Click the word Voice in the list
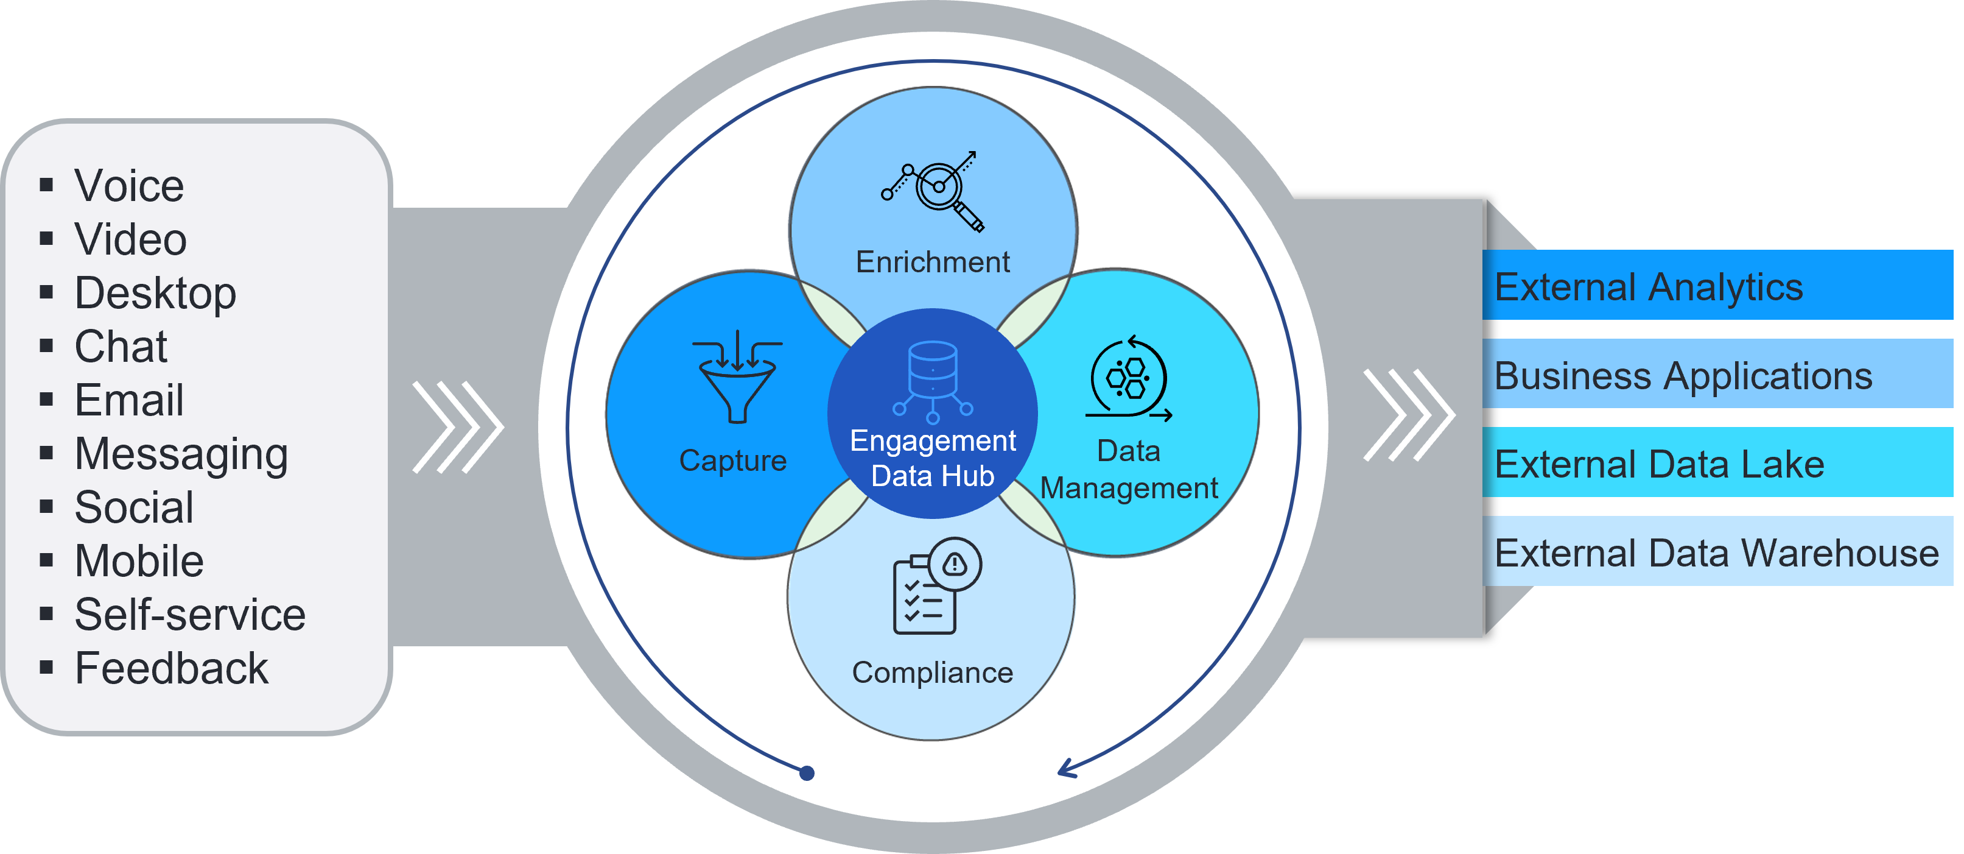pos(129,186)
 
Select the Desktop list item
pos(155,294)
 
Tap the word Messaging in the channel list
pos(181,455)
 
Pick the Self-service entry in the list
pos(190,615)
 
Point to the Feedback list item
pos(172,669)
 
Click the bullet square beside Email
pos(46,400)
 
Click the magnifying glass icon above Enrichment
pos(933,191)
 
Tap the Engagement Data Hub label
pos(933,458)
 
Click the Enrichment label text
pos(933,263)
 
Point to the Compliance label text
pos(933,672)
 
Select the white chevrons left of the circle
pos(457,427)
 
